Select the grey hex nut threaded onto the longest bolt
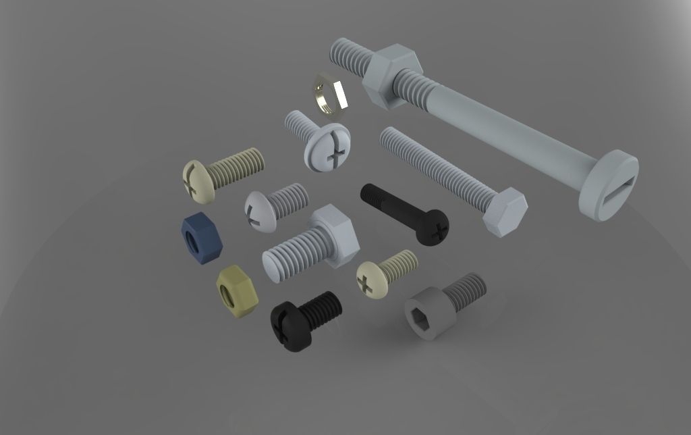point(391,75)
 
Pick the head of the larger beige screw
point(198,181)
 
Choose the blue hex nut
point(201,238)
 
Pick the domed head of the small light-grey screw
point(258,211)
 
